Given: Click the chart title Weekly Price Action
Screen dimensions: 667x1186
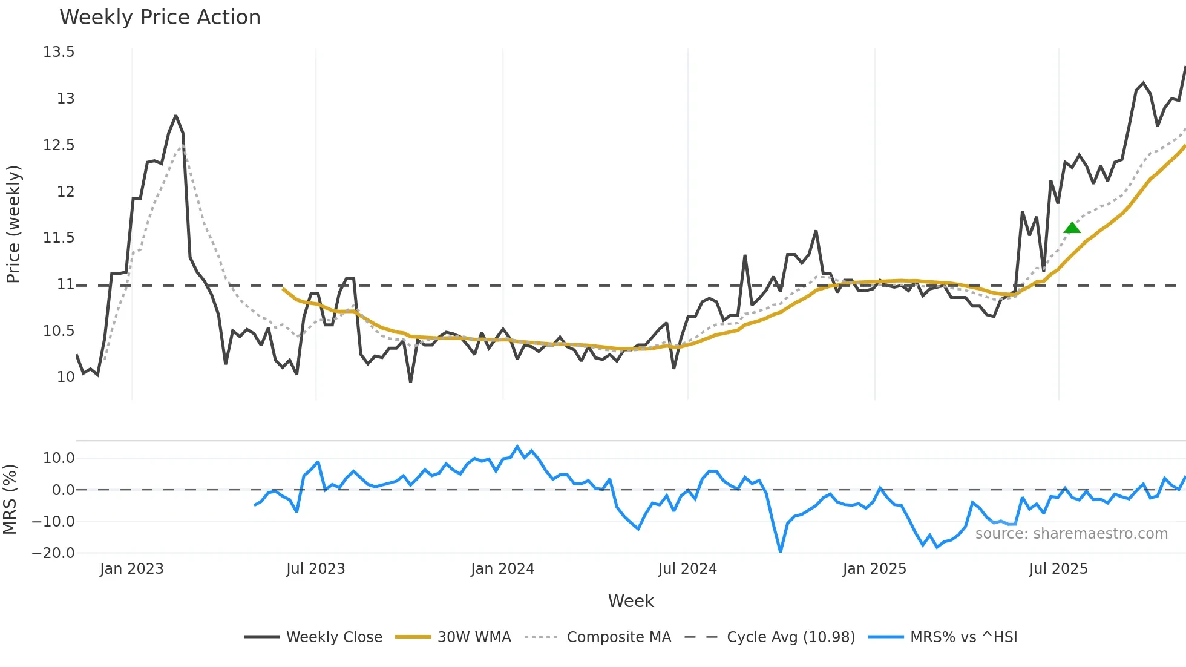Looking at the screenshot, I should coord(160,18).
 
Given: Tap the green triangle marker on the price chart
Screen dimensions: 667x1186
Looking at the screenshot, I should coord(1072,228).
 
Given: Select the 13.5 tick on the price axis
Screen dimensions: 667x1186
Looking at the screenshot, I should coord(59,52).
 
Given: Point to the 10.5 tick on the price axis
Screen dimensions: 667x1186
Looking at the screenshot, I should coord(59,330).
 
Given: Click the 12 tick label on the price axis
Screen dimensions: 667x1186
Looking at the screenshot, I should coord(65,192).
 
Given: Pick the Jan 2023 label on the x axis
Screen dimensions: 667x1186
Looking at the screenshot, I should coord(131,569).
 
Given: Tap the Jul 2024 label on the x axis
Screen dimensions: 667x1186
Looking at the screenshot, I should coord(687,569).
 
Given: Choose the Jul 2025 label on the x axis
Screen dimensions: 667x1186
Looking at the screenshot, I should coord(1058,569).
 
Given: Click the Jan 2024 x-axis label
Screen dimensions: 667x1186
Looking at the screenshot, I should coord(502,569).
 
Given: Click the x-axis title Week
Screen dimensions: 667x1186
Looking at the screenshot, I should coord(631,601).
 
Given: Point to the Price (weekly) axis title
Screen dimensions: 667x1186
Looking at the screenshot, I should coord(13,224).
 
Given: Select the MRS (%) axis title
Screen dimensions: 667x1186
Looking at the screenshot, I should coord(10,499).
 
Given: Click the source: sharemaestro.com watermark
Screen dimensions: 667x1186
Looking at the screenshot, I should coord(1071,534).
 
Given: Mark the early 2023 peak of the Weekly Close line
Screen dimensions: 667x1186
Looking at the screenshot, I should coord(175,116).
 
